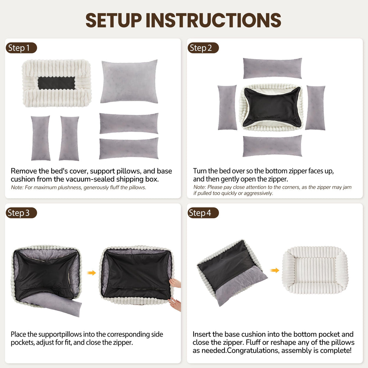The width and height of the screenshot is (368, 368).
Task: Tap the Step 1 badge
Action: (x=21, y=48)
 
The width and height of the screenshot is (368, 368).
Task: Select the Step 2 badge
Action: (x=203, y=48)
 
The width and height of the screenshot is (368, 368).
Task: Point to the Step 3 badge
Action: (x=21, y=213)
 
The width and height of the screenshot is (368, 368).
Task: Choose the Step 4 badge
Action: (x=203, y=213)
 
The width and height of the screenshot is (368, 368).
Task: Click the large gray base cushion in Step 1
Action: (x=129, y=82)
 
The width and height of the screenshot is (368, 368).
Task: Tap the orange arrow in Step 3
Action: (x=92, y=273)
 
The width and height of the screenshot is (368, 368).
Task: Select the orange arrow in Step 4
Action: (x=275, y=270)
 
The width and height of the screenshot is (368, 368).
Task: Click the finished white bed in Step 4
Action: (x=315, y=270)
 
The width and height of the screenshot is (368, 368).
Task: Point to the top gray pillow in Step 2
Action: (x=272, y=68)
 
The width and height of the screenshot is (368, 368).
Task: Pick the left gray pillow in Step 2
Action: (x=227, y=107)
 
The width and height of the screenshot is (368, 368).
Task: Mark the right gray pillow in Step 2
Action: (x=315, y=107)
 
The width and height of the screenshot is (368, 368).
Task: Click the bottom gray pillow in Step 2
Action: (x=272, y=146)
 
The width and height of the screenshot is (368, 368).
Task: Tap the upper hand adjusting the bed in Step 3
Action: (x=176, y=283)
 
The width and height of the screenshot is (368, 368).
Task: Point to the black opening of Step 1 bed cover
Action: (x=56, y=83)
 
